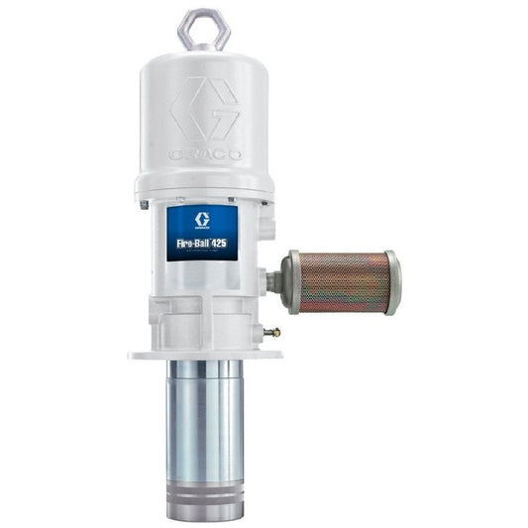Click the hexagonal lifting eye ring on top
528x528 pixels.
point(204,28)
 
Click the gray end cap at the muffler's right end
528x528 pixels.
point(393,283)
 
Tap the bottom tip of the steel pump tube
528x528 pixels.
point(203,513)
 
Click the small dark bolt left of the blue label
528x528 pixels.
point(145,205)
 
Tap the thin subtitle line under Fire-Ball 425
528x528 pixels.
point(203,252)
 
